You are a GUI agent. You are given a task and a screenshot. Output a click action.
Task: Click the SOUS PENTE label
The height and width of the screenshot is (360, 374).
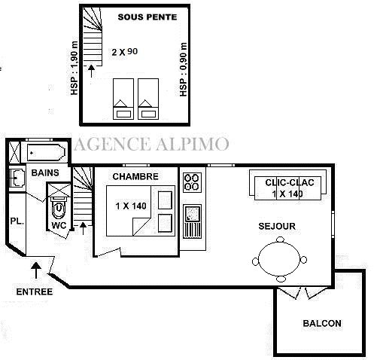pos(147,17)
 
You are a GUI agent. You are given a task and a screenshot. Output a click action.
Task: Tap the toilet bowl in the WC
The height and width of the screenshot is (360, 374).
pos(59,208)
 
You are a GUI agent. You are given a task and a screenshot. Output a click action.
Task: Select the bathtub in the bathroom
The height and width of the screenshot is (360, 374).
pos(46,152)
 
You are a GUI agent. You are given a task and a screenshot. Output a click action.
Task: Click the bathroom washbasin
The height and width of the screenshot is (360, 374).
pos(17,178)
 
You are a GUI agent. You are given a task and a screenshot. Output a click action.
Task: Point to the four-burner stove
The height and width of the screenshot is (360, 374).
pos(192,182)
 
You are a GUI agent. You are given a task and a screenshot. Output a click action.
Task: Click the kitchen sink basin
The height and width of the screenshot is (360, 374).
pos(193,214)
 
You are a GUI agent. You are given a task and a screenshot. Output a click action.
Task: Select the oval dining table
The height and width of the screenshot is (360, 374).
pos(279,258)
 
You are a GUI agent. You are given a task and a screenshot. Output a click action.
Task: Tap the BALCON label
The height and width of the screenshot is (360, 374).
pos(322,323)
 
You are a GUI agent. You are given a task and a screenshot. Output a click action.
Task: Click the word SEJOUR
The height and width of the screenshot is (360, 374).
pos(277,226)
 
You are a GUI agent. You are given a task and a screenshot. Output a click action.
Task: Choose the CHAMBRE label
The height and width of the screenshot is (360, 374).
pos(135,176)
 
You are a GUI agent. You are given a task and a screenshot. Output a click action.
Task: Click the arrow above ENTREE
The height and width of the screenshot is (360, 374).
pos(36,270)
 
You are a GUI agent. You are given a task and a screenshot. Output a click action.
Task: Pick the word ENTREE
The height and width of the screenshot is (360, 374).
pos(35,291)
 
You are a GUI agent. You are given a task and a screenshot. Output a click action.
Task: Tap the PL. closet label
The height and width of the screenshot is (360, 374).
pos(17,221)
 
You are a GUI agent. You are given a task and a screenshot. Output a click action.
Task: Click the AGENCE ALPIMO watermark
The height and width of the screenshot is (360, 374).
pos(151,144)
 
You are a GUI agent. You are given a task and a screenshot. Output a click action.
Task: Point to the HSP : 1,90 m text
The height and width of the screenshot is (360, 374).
pos(74,68)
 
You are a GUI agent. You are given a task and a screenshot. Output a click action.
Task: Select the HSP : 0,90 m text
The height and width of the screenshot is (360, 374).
pos(184,69)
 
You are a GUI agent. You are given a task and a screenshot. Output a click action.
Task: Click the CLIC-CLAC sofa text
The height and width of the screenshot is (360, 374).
pos(290,182)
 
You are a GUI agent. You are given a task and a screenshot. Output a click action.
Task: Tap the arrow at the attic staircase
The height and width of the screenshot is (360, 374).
pos(91,71)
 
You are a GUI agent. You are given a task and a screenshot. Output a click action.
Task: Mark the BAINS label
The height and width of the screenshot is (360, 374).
pos(45,172)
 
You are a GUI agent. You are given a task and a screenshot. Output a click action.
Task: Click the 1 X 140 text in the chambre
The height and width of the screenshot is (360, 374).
pos(131,206)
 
